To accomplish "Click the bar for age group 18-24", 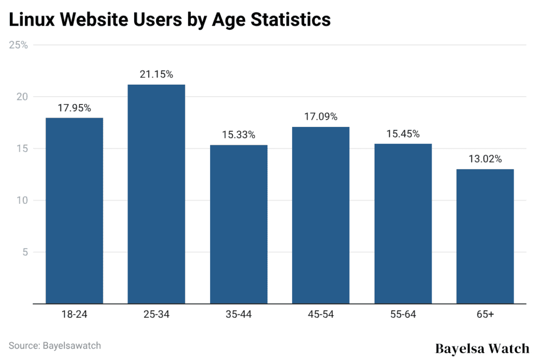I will (74, 211).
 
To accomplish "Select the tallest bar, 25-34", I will (156, 194).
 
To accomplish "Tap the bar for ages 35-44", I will (239, 224).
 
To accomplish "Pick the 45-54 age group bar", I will (321, 215).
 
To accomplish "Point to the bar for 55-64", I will (403, 224).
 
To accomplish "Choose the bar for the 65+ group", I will (485, 236).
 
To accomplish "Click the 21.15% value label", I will (156, 75).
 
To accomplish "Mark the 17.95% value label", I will (74, 108).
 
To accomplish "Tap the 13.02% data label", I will (485, 159).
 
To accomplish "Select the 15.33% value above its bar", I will (239, 135).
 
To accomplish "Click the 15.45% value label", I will (403, 134).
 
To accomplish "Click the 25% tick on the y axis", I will (18, 45).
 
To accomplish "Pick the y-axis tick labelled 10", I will (19, 201).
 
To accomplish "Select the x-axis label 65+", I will (485, 315).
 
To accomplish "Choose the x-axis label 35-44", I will (239, 315).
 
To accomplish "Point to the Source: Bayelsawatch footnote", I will (55, 345).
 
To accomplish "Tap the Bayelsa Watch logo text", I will (482, 348).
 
